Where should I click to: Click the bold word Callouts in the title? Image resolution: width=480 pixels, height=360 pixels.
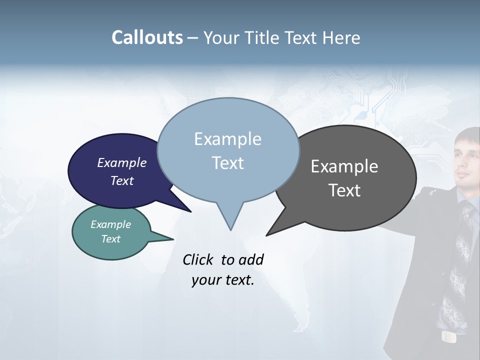147,37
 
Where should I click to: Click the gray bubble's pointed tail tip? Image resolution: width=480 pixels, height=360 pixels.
267,234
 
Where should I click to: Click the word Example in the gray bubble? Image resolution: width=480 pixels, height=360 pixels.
344,166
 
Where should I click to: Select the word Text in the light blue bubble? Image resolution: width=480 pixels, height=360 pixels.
228,163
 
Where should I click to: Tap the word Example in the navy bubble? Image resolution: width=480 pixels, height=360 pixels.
122,162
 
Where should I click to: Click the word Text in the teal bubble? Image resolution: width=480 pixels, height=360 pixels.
111,239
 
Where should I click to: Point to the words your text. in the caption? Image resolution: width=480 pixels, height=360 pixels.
223,280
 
